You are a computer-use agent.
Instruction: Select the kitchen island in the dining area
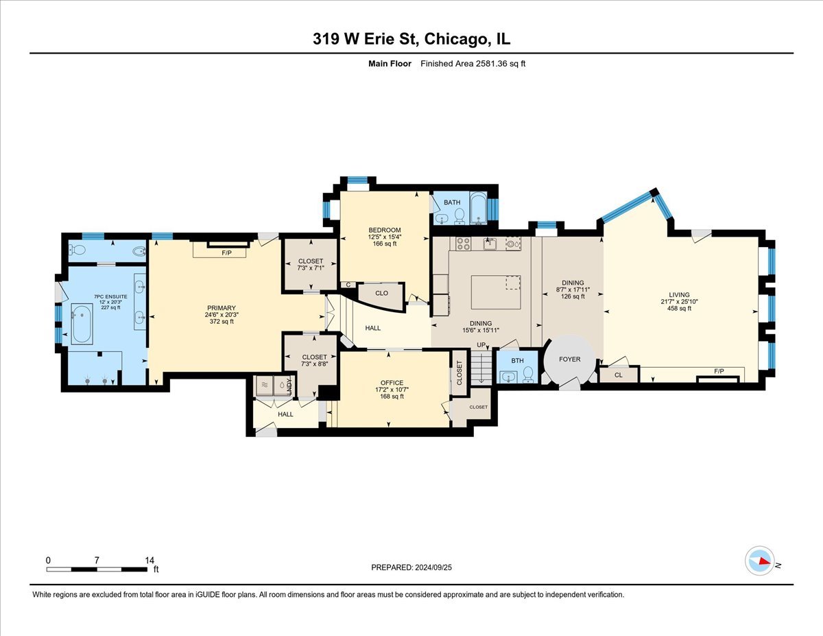click(496, 292)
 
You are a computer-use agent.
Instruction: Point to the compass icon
click(760, 561)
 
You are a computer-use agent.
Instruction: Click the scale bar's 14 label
click(150, 560)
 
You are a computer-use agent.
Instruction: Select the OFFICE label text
click(392, 383)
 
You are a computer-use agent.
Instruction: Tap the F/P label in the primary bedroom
click(226, 252)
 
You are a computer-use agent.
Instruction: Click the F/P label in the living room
click(719, 371)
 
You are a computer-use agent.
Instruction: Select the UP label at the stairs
click(481, 344)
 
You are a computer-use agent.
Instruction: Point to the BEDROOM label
click(384, 230)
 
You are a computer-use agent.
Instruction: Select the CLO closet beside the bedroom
click(381, 293)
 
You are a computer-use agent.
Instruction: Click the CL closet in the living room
click(618, 375)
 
